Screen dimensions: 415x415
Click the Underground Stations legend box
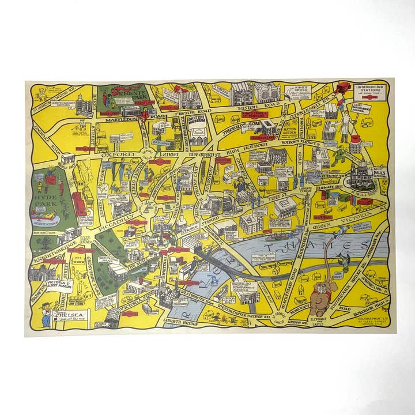[368, 90]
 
